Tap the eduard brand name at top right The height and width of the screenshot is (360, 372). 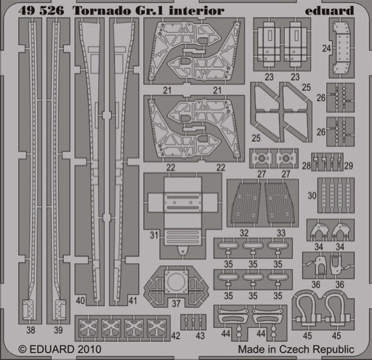330,10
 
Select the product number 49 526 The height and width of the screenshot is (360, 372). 41,11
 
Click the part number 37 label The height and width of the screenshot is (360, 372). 176,303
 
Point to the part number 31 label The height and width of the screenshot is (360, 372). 154,235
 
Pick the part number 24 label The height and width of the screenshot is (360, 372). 326,48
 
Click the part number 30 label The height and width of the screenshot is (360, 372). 312,196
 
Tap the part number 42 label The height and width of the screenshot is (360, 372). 176,336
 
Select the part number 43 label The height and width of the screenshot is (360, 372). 201,336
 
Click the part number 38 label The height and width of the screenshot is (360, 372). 31,330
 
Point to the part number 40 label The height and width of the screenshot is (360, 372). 80,300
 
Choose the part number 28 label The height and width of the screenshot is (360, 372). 307,166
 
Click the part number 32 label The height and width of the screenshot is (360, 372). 244,233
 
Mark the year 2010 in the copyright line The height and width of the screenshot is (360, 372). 89,349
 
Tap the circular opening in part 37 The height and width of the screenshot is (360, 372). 177,281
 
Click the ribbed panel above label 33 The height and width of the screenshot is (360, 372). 280,204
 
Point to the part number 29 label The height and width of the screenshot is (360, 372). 349,166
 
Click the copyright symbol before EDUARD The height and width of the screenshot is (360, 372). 23,350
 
